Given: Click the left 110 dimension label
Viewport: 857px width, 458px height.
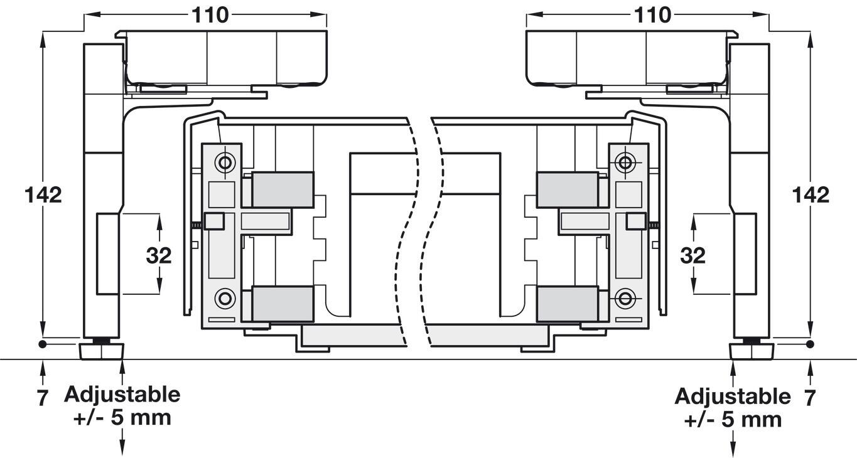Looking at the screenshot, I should coord(210,15).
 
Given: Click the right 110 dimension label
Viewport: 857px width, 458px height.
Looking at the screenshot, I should coord(653,15).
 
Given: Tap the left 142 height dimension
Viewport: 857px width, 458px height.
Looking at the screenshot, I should coord(43,194).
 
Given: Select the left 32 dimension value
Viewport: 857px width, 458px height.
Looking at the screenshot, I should coord(159,255).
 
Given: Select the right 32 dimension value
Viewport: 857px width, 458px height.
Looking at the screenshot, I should coord(693,255).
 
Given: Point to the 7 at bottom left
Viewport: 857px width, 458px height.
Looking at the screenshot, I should coord(42,398).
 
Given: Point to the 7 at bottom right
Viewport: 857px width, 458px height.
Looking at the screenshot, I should coord(810,398).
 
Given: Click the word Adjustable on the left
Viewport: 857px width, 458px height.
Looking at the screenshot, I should coord(122,395).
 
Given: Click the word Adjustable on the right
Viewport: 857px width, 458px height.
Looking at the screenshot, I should coord(733,397).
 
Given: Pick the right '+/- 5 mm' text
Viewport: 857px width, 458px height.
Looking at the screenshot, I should coord(733,419).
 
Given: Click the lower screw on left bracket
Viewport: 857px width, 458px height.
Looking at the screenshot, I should coord(224,298).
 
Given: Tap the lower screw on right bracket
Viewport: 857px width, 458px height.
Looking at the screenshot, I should coord(625,298).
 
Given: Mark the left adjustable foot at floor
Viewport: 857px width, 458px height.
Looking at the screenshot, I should coord(100,350).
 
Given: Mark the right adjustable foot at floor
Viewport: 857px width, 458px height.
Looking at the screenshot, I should coord(750,350).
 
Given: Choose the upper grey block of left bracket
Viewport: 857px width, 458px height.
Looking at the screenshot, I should coord(283,189).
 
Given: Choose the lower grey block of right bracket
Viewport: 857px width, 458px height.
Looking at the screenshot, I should coord(567,304).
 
